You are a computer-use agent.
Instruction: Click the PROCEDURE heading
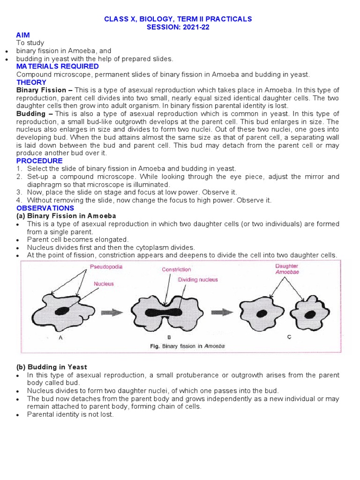click(39, 161)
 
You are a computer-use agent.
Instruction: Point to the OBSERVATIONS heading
click(45, 208)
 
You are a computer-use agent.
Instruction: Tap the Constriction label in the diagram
click(176, 270)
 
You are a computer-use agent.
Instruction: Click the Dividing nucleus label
click(197, 280)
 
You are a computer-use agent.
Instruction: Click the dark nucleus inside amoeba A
click(63, 311)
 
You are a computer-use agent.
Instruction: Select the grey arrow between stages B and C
click(221, 312)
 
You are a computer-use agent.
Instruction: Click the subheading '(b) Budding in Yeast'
click(52, 367)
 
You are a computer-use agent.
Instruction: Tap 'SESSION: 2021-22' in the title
click(178, 27)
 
